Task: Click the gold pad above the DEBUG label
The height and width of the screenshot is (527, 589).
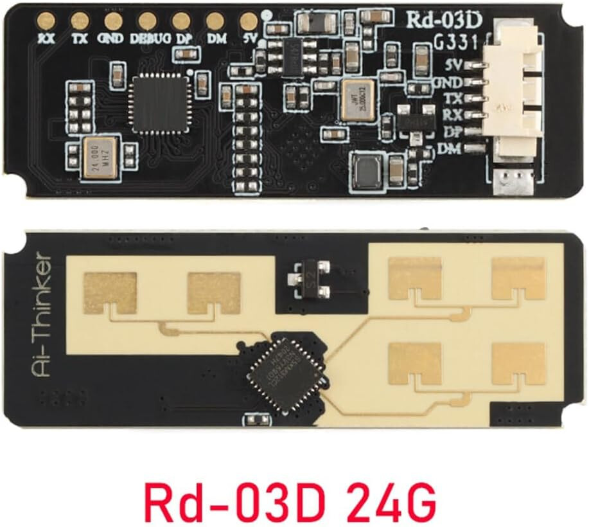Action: coord(146,21)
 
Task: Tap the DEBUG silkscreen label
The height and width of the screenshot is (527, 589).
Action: coord(150,38)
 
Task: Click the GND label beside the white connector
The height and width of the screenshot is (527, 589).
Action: coord(448,83)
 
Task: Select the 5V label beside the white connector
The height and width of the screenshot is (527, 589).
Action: coord(454,65)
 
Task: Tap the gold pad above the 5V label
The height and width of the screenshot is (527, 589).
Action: coord(248,21)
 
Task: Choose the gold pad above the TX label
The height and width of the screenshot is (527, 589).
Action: coord(80,21)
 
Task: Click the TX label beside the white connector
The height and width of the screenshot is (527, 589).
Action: coord(452,100)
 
